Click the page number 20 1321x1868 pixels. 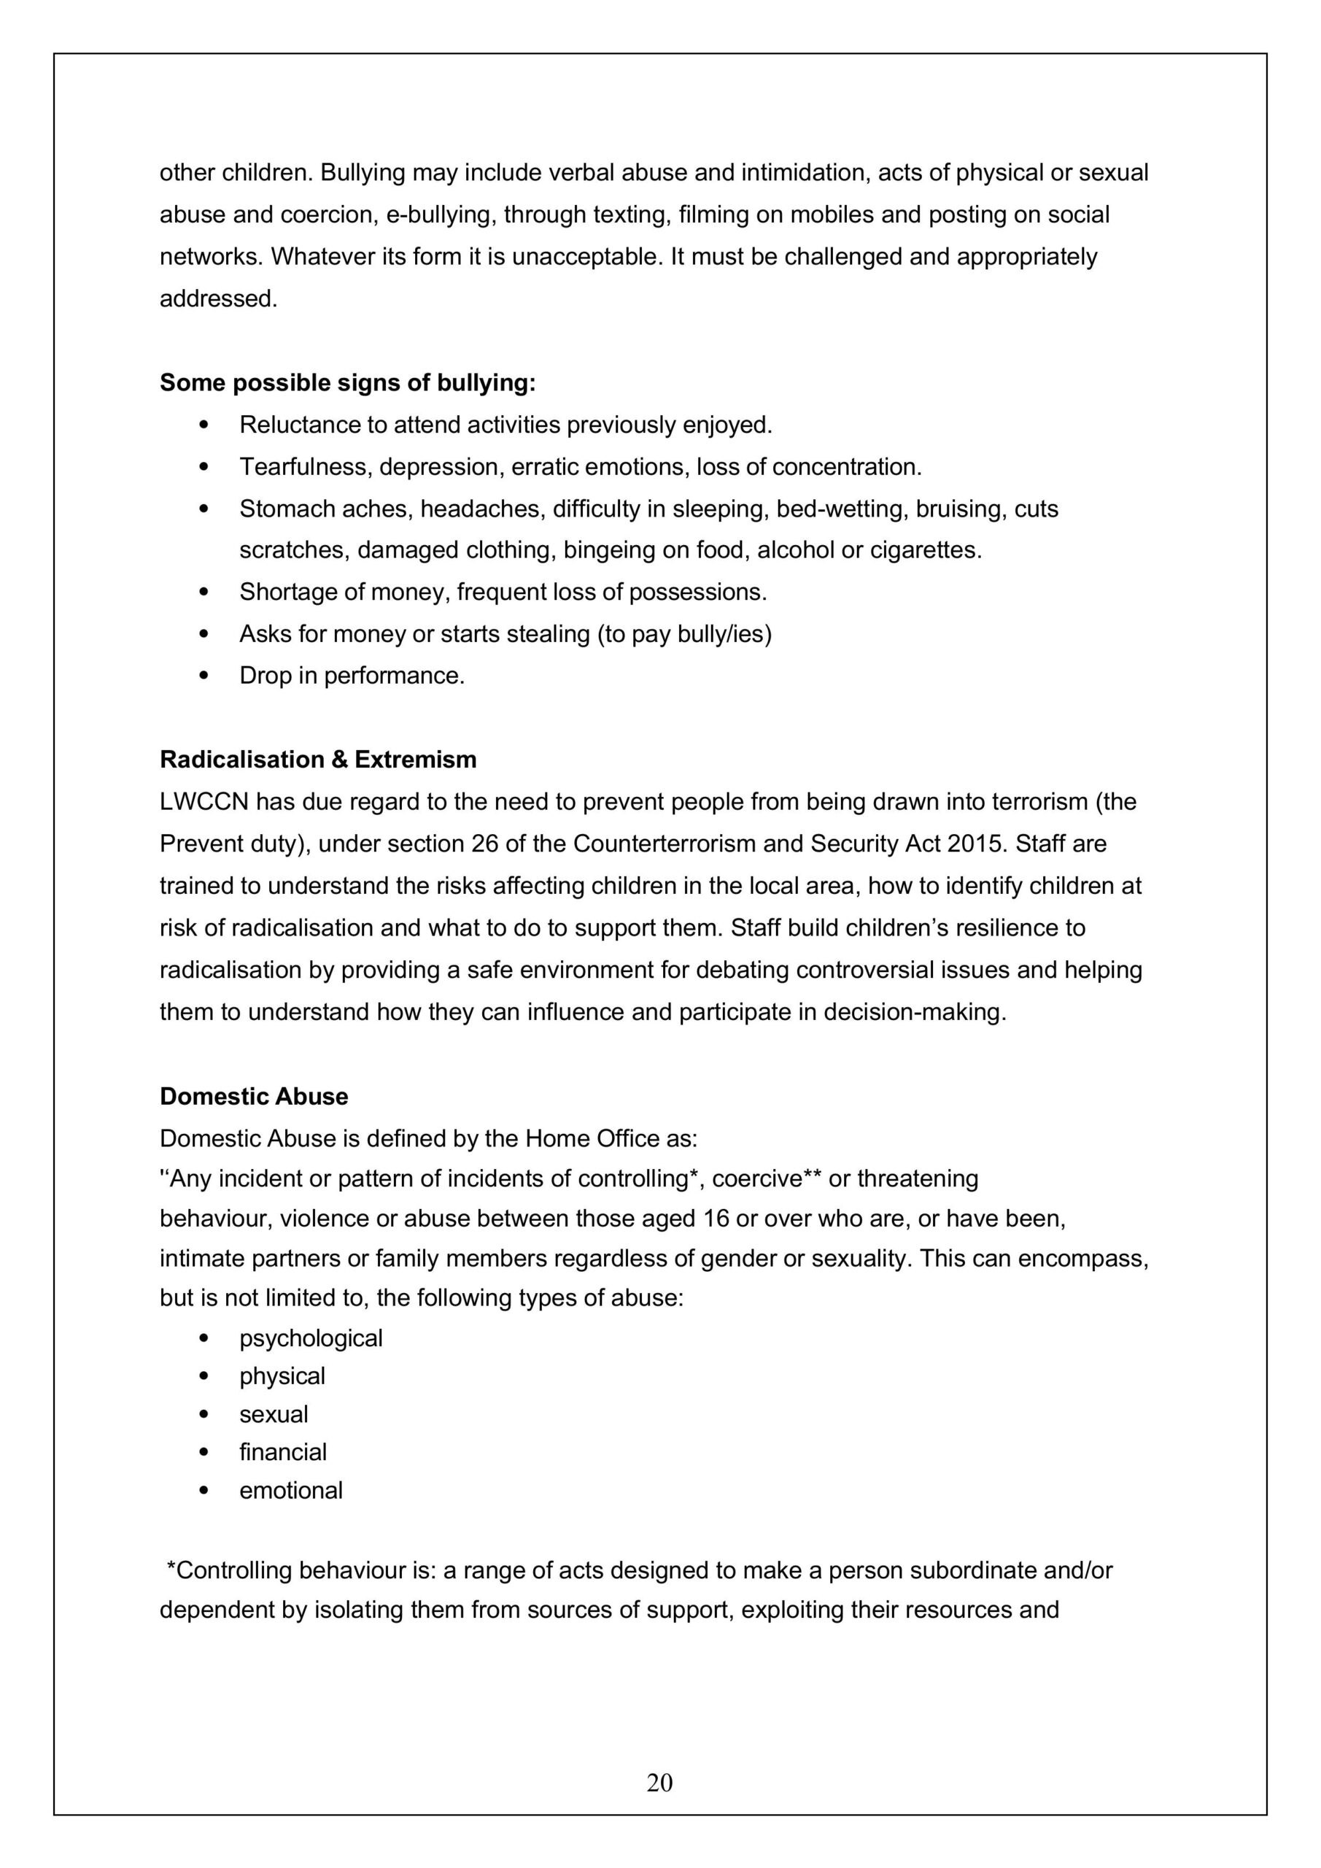pyautogui.click(x=659, y=1783)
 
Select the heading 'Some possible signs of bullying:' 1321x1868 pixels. pyautogui.click(x=347, y=382)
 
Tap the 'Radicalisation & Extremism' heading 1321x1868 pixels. pyautogui.click(x=318, y=759)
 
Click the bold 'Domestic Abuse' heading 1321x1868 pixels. pyautogui.click(x=254, y=1096)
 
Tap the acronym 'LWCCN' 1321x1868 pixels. pyautogui.click(x=204, y=801)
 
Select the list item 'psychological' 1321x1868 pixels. pyautogui.click(x=311, y=1338)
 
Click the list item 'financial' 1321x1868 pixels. pyautogui.click(x=283, y=1451)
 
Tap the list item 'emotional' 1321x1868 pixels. pyautogui.click(x=290, y=1490)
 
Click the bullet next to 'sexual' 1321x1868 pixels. pyautogui.click(x=204, y=1415)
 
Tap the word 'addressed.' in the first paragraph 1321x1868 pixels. pyautogui.click(x=218, y=298)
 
